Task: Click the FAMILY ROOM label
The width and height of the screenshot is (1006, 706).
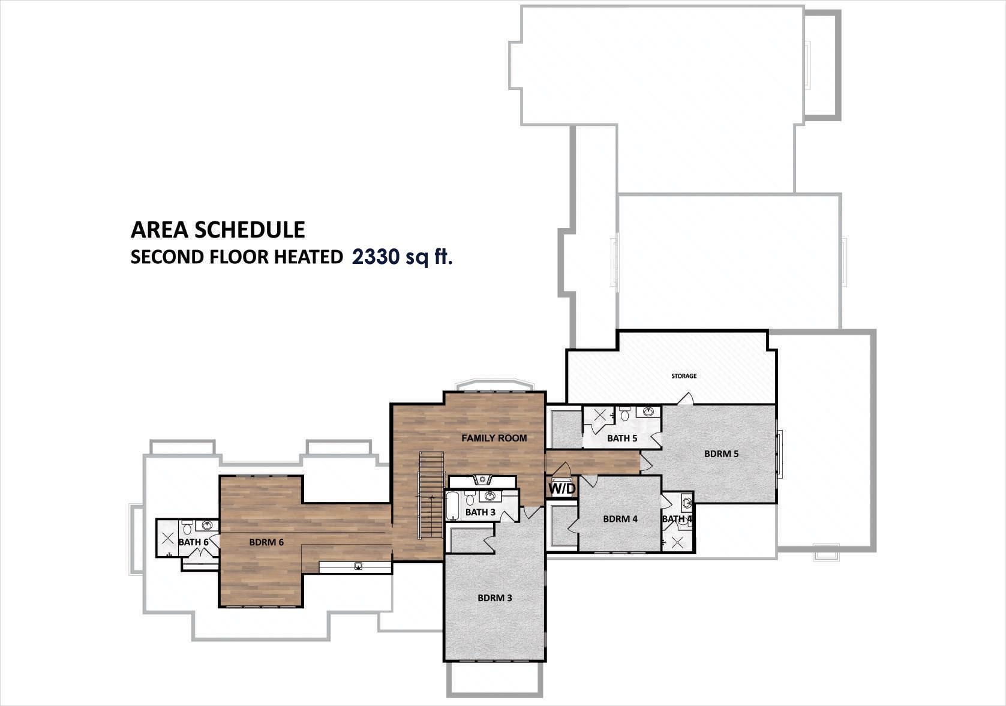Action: (494, 438)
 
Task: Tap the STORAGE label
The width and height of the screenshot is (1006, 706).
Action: (684, 376)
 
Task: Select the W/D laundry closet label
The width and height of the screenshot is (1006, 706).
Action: (562, 489)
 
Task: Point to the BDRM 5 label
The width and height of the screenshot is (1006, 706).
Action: (721, 453)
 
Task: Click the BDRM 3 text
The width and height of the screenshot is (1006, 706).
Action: (495, 597)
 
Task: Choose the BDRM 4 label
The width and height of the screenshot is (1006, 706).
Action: (620, 519)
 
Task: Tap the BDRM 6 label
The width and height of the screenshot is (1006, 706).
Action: (266, 542)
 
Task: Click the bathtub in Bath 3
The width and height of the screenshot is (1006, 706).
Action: (452, 506)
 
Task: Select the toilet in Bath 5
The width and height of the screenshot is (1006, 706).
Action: (625, 414)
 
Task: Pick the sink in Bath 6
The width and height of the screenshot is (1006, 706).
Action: (208, 526)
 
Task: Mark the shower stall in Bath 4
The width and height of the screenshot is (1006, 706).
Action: (677, 542)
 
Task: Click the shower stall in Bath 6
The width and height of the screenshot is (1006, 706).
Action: (168, 537)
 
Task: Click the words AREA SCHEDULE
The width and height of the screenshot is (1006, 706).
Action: (218, 230)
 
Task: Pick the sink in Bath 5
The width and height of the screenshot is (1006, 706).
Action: (648, 412)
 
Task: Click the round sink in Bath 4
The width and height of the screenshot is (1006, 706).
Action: (687, 503)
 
